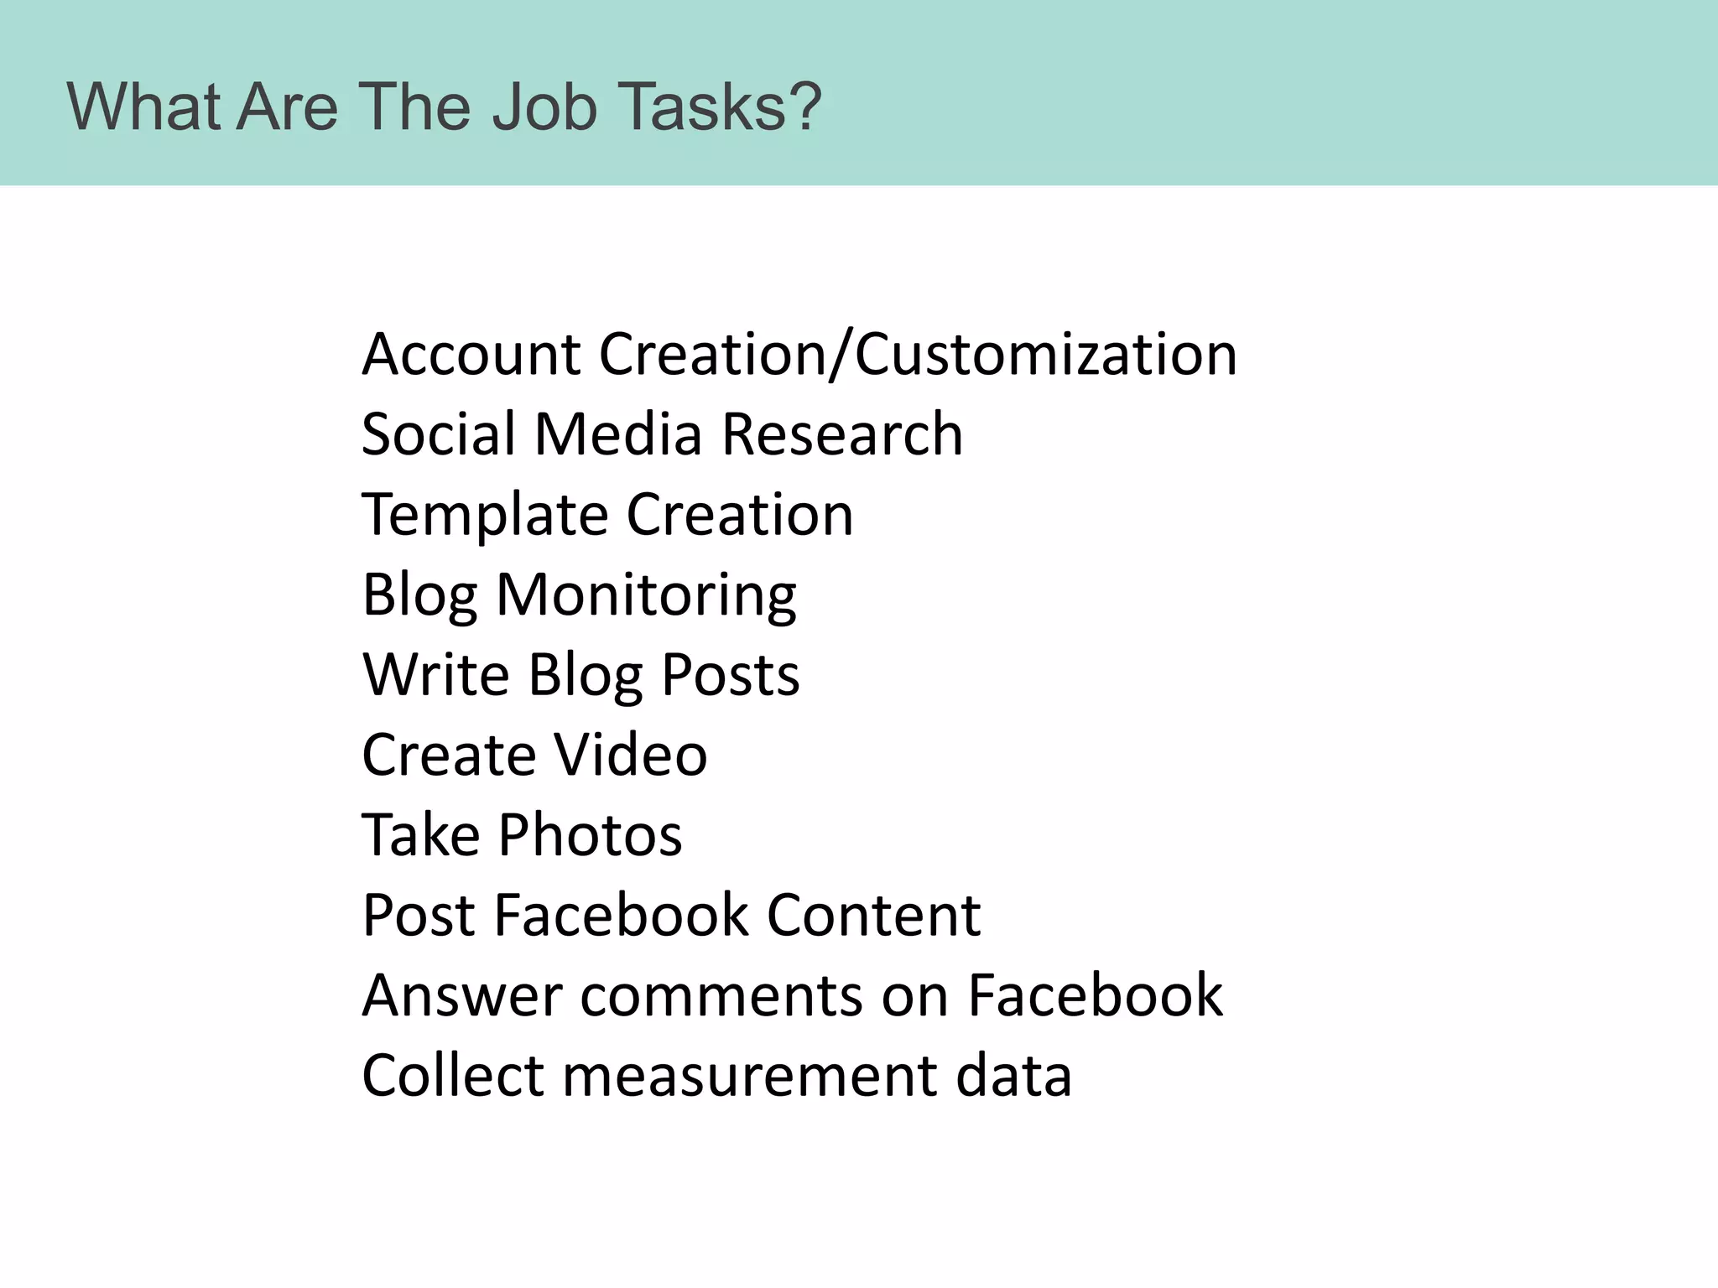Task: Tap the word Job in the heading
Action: pyautogui.click(x=544, y=107)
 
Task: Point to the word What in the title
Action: pyautogui.click(x=143, y=107)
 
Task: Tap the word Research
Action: pyautogui.click(x=842, y=434)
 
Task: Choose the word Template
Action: pyautogui.click(x=485, y=515)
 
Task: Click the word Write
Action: pyautogui.click(x=435, y=675)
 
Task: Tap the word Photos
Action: pyautogui.click(x=591, y=835)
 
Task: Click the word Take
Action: pyautogui.click(x=421, y=835)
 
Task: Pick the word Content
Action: pyautogui.click(x=873, y=915)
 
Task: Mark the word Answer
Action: pyautogui.click(x=462, y=995)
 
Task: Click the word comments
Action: pyautogui.click(x=721, y=995)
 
